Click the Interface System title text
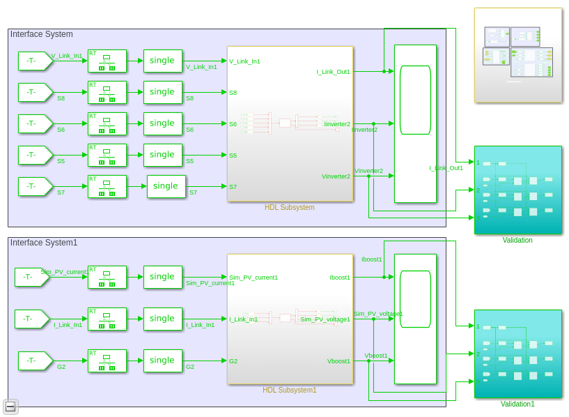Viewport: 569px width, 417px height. point(41,34)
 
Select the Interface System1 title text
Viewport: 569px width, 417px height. point(44,243)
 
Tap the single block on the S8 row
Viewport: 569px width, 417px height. point(162,92)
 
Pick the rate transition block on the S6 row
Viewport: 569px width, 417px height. point(107,123)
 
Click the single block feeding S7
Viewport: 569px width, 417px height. point(166,186)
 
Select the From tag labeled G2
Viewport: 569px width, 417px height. point(31,361)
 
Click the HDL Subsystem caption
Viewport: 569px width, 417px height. point(289,207)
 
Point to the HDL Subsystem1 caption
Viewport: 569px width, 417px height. point(289,390)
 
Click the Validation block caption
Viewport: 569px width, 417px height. point(517,241)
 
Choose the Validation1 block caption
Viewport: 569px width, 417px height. point(517,404)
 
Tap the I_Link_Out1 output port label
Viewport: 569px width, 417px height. point(333,72)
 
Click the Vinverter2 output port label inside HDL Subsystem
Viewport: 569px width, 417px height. point(336,176)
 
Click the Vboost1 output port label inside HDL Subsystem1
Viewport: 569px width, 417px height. point(338,361)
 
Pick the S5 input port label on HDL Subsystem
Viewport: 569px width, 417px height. point(233,156)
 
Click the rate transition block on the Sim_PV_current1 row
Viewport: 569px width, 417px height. point(107,277)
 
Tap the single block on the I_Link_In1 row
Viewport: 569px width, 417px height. point(162,319)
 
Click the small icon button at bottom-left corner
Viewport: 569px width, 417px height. point(10,407)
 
